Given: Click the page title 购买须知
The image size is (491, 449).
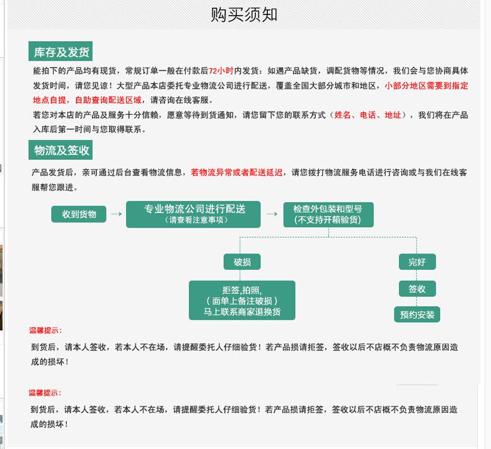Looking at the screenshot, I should (x=244, y=15).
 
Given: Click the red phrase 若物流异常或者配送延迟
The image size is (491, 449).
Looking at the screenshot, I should (x=237, y=172).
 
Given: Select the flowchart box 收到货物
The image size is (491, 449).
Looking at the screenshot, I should (x=79, y=214).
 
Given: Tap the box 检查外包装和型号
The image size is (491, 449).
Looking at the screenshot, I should (x=328, y=214).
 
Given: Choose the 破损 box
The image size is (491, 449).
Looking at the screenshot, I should (x=242, y=262).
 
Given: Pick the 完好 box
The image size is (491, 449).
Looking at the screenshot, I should (x=417, y=262).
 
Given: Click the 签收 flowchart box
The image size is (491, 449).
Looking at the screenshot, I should (x=417, y=289).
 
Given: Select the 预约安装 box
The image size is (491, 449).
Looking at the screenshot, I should (x=417, y=314).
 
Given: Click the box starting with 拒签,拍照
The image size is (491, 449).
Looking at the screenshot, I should (x=242, y=300).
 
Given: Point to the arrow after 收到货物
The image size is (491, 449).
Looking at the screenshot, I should (x=116, y=214).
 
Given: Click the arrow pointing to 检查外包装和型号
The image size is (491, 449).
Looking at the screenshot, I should (x=272, y=214).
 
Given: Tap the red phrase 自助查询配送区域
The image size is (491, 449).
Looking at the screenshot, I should (x=110, y=100).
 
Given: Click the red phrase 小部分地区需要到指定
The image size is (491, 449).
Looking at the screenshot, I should (x=426, y=86).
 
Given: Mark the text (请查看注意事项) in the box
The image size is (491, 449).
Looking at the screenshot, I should (x=194, y=221).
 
